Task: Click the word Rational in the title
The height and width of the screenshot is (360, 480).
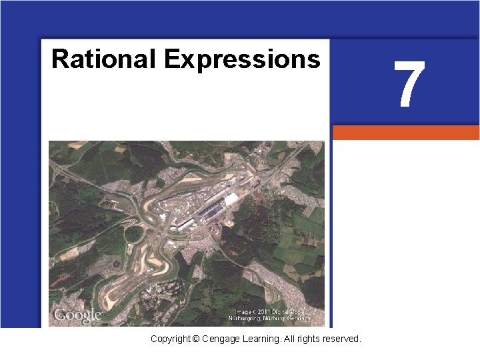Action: click(104, 59)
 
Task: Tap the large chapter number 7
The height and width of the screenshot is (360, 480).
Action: click(409, 85)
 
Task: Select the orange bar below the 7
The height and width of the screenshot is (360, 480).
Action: click(405, 133)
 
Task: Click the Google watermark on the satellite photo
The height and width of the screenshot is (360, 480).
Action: click(77, 315)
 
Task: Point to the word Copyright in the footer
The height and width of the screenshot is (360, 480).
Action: click(169, 339)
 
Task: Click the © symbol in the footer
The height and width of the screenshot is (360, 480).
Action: click(195, 339)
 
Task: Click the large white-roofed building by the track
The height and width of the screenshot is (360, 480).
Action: click(231, 199)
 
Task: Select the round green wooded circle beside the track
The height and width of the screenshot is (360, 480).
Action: click(134, 234)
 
